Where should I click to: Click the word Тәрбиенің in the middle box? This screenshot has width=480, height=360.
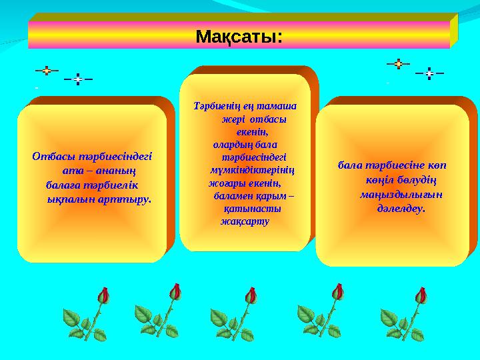[x=214, y=106]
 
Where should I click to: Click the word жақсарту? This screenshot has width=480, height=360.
[x=245, y=221]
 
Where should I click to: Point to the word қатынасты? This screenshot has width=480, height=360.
[x=252, y=208]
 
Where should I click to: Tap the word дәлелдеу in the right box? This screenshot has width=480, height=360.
[x=401, y=207]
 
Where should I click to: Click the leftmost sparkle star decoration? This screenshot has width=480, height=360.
[x=47, y=69]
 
